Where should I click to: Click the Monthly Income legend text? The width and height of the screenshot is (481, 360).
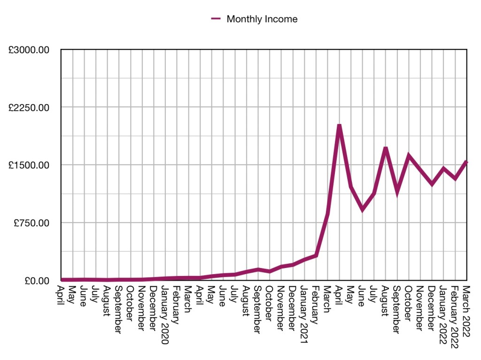pos(262,19)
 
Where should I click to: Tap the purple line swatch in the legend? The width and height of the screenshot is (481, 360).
pos(216,19)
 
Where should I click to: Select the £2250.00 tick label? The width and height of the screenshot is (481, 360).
pos(29,107)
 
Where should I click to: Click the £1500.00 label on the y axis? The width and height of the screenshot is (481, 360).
pos(29,165)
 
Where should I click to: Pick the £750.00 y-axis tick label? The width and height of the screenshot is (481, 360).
pos(31,223)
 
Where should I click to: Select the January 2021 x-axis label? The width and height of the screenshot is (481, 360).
pos(303,314)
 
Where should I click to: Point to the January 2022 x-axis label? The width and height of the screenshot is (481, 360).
pos(442,314)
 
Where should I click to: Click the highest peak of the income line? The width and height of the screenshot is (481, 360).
pos(339,126)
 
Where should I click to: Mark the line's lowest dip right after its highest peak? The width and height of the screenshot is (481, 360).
pos(362,209)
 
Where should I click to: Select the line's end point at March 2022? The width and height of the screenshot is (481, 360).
pos(466,162)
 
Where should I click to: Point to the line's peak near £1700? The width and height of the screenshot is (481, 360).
pos(385,149)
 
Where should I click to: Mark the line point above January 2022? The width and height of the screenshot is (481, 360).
pos(443,168)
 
